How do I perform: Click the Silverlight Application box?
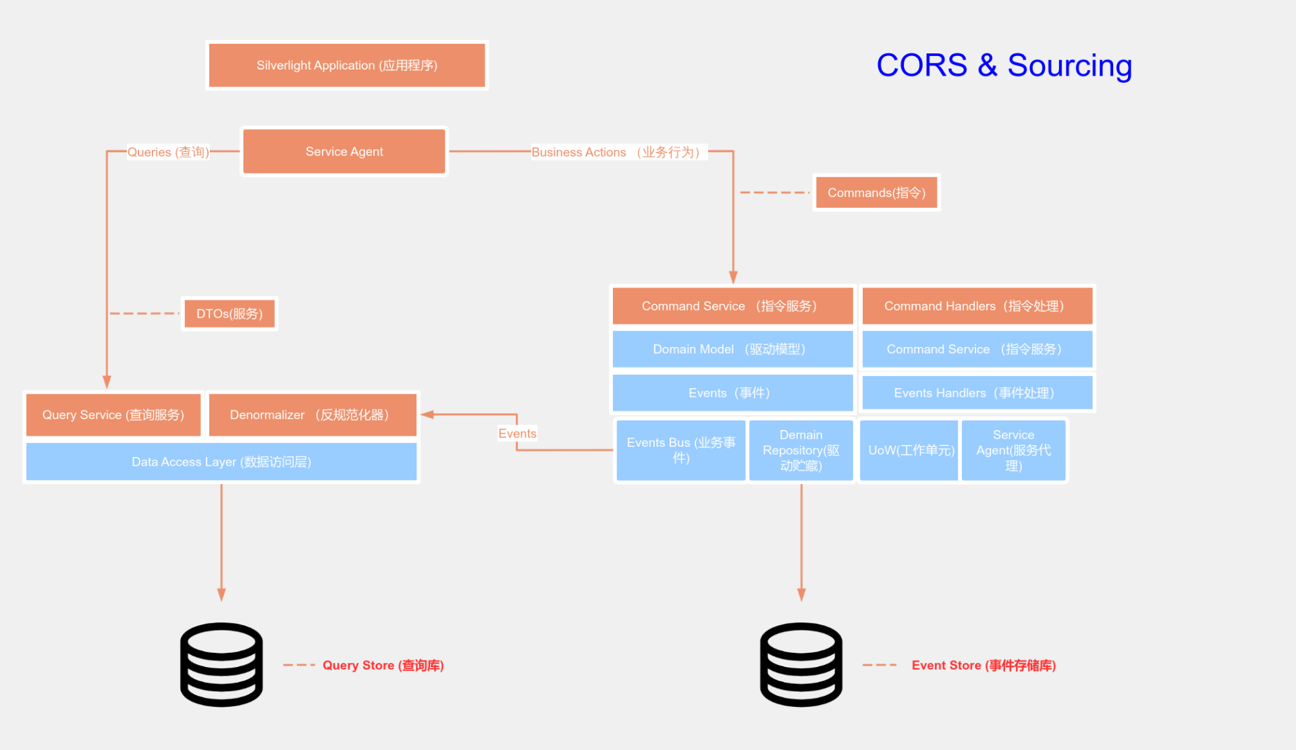(346, 65)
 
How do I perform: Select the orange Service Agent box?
(344, 152)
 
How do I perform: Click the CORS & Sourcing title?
(1004, 65)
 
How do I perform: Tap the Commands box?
(876, 193)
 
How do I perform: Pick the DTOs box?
(230, 314)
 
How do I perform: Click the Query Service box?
(113, 415)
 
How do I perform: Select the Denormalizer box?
(312, 415)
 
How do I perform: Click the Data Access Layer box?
(221, 462)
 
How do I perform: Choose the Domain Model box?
(732, 350)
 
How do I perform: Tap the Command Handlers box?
(977, 306)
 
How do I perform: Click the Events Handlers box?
(977, 394)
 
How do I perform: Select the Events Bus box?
(680, 450)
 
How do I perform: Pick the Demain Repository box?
(801, 450)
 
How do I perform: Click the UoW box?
(910, 450)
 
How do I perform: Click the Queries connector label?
(168, 153)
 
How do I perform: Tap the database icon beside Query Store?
(221, 665)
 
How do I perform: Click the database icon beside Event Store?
(801, 665)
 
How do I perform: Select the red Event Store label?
(983, 666)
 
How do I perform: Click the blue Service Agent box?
(1013, 450)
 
